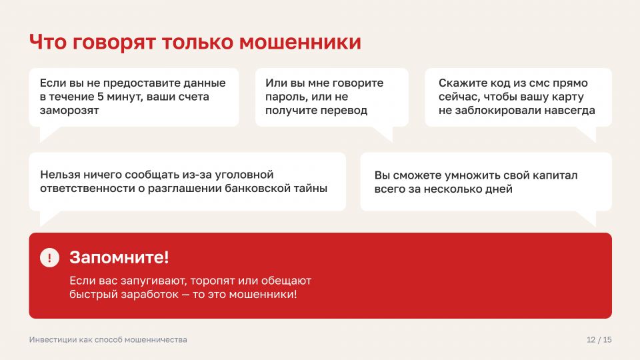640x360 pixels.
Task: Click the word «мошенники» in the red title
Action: [300, 42]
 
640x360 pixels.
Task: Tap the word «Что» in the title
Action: [48, 42]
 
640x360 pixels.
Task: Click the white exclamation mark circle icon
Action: [50, 257]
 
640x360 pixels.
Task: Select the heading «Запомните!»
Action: [119, 257]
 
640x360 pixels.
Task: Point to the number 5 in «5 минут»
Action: [101, 97]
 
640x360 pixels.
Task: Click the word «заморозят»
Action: [69, 111]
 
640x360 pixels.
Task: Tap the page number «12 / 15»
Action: [599, 339]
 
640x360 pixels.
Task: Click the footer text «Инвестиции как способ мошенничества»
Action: [108, 339]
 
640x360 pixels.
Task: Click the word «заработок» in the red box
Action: [150, 294]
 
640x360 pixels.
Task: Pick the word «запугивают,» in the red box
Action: [154, 281]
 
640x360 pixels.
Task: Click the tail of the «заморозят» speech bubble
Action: [49, 134]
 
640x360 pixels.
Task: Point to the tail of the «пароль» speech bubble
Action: [385, 134]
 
